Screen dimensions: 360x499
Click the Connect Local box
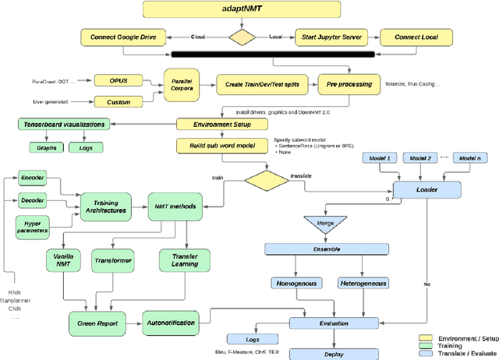coord(418,37)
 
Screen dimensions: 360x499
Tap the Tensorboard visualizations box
coord(62,124)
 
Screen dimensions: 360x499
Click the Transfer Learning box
coord(185,259)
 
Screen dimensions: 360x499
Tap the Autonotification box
coord(171,321)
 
